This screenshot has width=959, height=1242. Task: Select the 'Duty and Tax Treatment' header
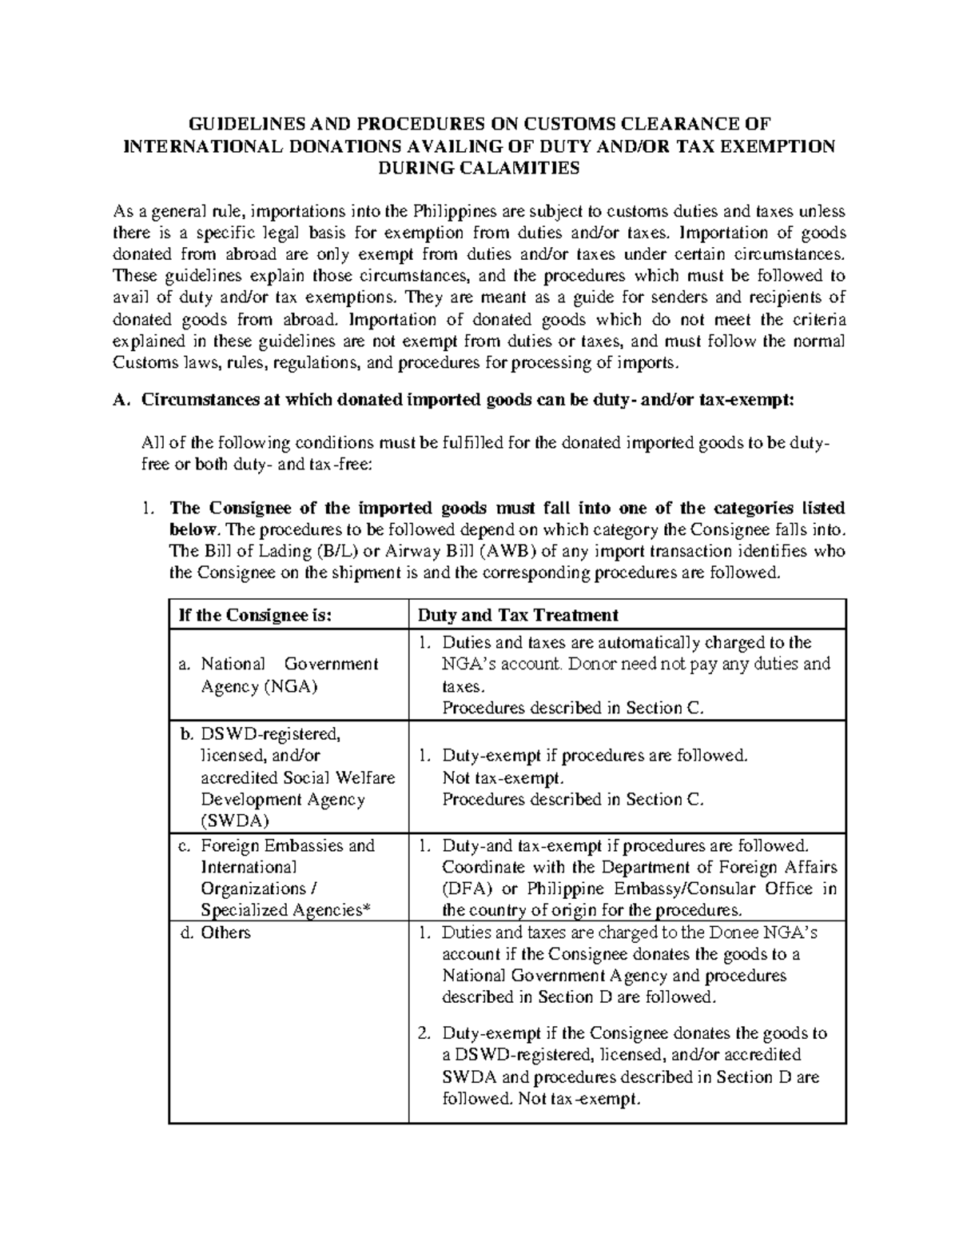519,614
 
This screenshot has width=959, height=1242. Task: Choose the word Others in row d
226,932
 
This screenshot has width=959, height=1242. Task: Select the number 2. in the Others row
427,1033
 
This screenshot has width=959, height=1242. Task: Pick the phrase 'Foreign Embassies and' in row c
288,845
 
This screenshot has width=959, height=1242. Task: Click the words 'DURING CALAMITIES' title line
479,167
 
